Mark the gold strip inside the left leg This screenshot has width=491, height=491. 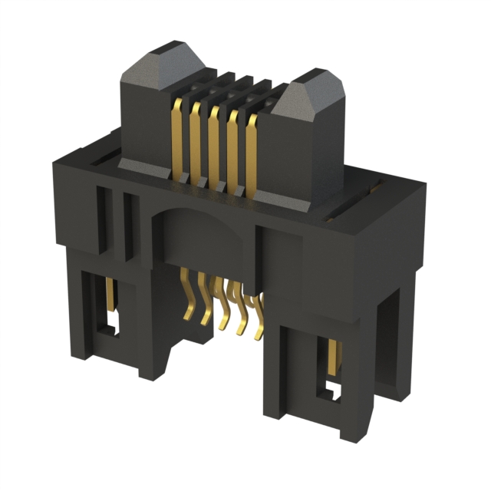coord(111,295)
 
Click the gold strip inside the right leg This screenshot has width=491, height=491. coord(333,357)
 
